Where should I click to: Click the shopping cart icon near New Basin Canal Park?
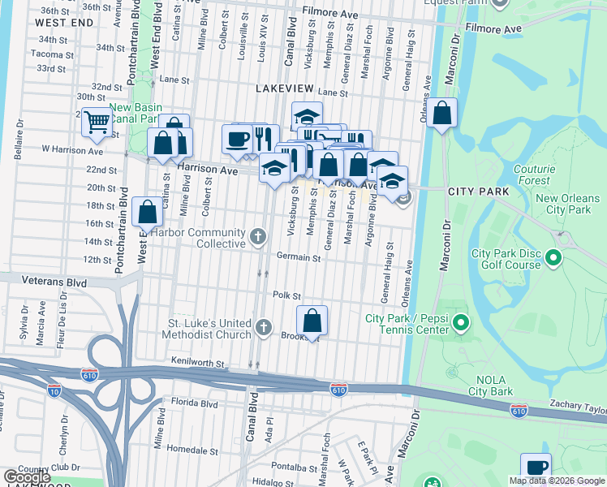pos(97,123)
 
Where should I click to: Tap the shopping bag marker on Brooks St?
pos(312,321)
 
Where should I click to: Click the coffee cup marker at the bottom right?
pos(536,467)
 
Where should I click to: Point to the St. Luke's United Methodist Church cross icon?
pos(263,327)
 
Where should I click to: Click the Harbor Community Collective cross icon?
pos(258,236)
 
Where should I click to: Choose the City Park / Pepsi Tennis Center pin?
pos(461,324)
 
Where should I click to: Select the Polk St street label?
pos(286,295)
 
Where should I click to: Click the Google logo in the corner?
pos(27,477)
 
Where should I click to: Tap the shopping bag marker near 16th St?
pos(148,212)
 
